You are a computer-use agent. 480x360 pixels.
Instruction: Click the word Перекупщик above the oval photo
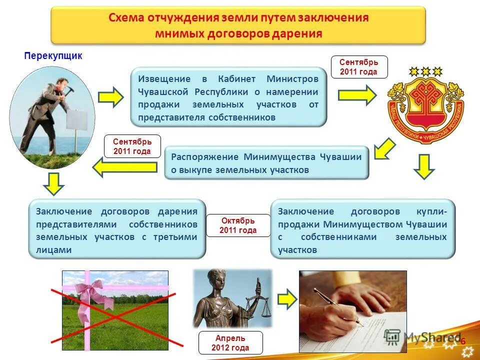pos(53,56)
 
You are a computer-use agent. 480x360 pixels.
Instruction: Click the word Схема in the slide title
pos(127,18)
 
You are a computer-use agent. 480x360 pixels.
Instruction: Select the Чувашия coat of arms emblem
pos(425,104)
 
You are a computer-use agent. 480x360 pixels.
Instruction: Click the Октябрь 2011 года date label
pos(238,225)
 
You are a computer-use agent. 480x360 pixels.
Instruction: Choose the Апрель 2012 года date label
pos(230,343)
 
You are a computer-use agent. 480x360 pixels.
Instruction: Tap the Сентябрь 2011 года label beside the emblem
pos(359,67)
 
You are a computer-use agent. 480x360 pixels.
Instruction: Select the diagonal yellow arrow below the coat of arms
pos(384,149)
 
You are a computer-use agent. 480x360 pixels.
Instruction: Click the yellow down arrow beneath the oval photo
pos(53,184)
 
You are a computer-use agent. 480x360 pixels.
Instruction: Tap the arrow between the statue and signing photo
pos(286,298)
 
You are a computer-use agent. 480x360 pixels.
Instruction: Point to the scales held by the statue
pos(262,303)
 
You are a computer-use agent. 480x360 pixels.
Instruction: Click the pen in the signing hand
pos(340,308)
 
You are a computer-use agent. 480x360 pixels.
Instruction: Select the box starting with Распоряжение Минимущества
pos(266,163)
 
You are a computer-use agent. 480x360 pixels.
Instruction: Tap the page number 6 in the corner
pos(463,341)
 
